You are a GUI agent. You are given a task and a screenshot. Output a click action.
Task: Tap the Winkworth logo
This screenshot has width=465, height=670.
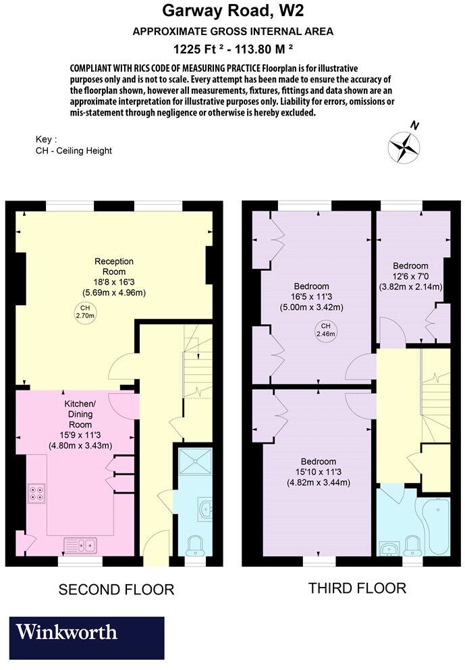click(86, 638)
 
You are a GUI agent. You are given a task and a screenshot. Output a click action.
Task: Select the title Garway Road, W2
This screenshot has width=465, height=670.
click(232, 11)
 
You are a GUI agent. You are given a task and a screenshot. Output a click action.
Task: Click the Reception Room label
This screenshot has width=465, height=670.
click(113, 261)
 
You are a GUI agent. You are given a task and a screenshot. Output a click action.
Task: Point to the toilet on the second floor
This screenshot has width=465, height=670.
click(194, 544)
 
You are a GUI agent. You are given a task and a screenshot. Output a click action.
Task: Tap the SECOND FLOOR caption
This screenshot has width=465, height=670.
click(116, 590)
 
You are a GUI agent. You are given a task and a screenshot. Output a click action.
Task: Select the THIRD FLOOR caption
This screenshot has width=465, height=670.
click(357, 588)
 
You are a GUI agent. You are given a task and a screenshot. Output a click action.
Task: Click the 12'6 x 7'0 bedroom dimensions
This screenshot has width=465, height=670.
click(410, 276)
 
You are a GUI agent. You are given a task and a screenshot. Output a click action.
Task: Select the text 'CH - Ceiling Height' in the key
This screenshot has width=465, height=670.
click(74, 151)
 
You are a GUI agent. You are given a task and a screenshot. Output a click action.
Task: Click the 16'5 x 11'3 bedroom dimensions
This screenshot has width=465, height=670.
click(311, 297)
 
